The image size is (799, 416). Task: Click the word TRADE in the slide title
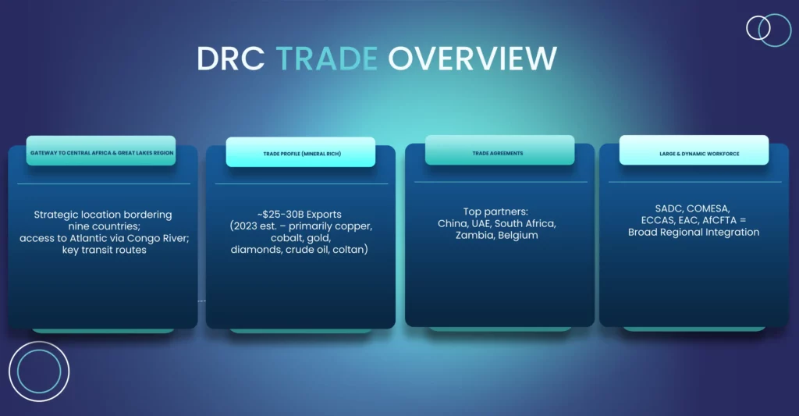[327, 58]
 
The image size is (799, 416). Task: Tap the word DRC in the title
[231, 58]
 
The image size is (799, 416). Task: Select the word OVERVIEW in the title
[472, 58]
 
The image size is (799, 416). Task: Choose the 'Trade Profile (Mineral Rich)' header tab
[300, 152]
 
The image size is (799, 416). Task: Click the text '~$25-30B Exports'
[300, 215]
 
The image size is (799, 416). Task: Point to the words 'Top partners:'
[495, 212]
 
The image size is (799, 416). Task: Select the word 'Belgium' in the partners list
[518, 236]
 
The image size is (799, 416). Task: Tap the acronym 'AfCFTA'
[719, 220]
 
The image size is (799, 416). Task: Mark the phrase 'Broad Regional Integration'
[694, 233]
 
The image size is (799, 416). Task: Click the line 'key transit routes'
[105, 251]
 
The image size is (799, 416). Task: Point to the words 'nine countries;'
[104, 226]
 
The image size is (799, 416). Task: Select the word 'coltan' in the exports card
[350, 250]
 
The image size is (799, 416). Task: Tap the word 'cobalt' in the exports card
[287, 238]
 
